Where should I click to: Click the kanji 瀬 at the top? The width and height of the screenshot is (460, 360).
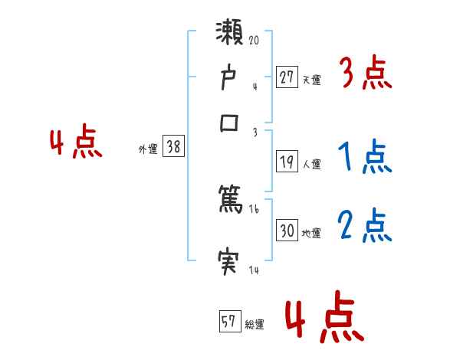click(231, 36)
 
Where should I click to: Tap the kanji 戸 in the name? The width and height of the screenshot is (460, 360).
click(230, 78)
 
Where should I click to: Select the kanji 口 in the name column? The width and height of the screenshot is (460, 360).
click(230, 123)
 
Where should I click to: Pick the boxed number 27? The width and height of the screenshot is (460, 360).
click(287, 77)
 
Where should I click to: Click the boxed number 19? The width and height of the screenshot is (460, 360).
click(287, 161)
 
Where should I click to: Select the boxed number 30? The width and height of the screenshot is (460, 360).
click(287, 231)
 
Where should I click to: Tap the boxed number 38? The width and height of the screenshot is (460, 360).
click(173, 147)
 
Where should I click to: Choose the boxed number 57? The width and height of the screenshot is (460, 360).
click(229, 321)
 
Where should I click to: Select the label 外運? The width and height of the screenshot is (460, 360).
click(148, 149)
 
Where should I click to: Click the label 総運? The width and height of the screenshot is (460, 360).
click(255, 324)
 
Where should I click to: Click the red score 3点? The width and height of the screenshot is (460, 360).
click(365, 74)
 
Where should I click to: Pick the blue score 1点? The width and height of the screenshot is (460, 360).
click(365, 156)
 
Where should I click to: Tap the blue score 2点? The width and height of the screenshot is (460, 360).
click(365, 225)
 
